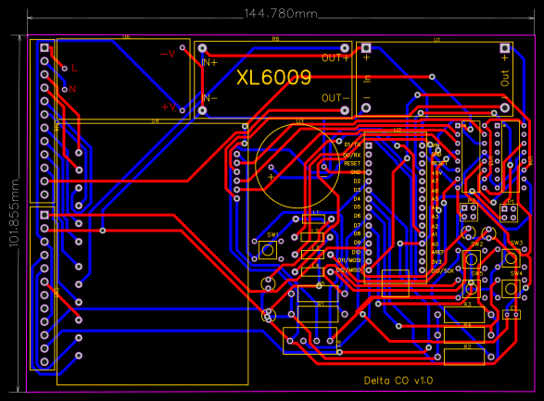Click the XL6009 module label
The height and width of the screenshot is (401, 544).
tap(273, 78)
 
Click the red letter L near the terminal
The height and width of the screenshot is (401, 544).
tap(75, 69)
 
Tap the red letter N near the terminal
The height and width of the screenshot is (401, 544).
tap(71, 89)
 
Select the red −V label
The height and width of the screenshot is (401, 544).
tap(168, 54)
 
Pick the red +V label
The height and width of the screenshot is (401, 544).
tap(169, 107)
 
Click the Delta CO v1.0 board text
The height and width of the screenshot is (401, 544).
tap(398, 381)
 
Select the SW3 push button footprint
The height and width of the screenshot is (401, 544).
tap(516, 256)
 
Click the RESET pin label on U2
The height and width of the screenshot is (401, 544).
tap(351, 163)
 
